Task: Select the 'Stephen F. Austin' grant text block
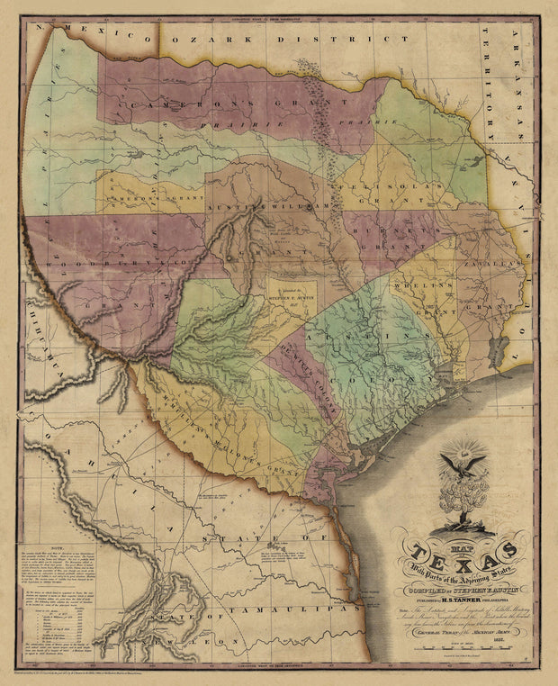pyautogui.click(x=291, y=296)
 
